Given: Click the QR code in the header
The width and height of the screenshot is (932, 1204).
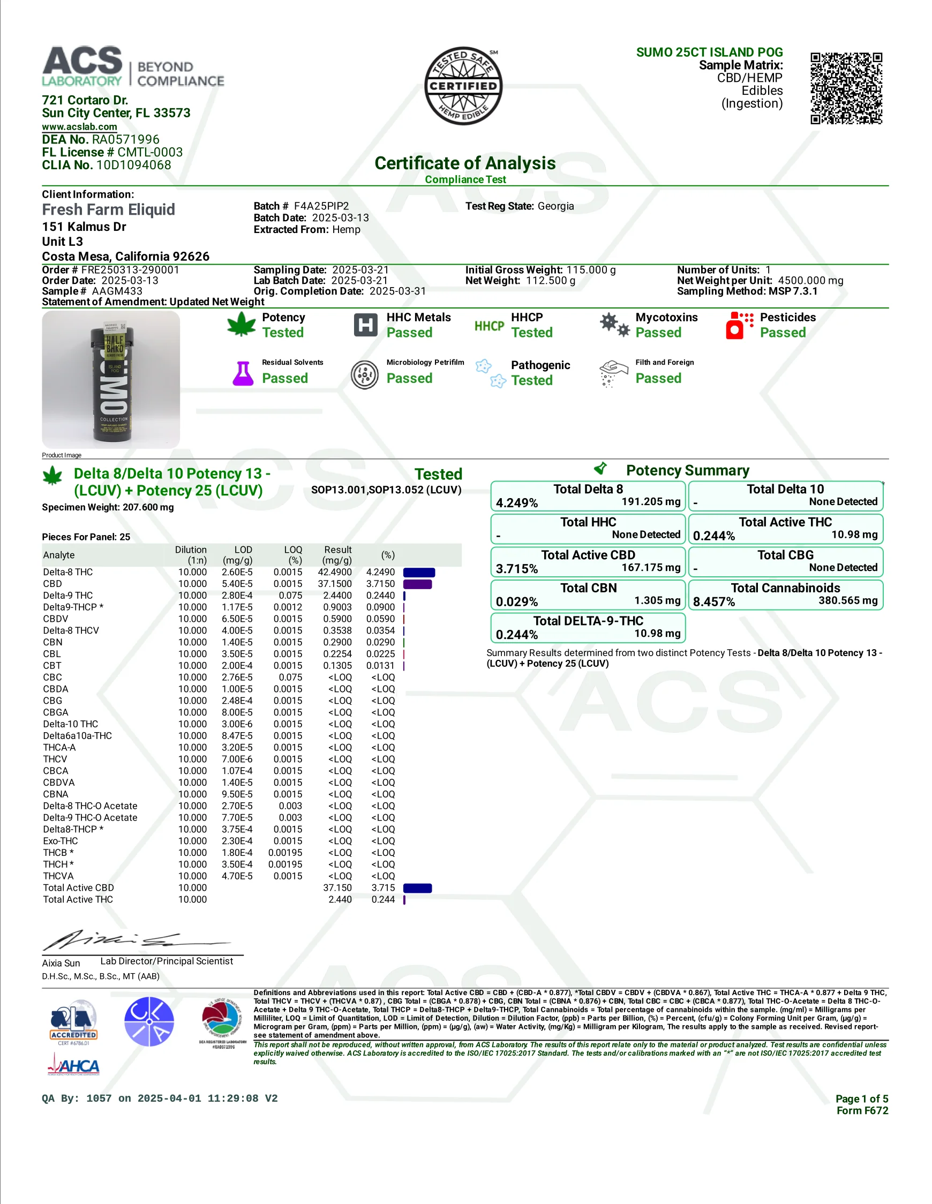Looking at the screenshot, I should click(846, 88).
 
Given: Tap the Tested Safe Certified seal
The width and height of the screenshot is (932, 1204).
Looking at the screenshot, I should click(463, 86).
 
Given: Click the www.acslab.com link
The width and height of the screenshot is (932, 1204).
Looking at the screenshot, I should click(79, 127).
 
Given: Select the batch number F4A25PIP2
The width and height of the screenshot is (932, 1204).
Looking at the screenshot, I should click(321, 206).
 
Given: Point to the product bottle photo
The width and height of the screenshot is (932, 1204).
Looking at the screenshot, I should click(111, 379).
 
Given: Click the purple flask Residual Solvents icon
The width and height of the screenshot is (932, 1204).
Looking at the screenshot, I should click(243, 373).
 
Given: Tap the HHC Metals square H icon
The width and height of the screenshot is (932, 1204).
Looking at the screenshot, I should click(365, 325).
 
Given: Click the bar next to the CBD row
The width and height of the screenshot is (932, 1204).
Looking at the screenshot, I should click(417, 584).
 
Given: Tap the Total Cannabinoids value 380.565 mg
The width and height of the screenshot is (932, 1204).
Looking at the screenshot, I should click(847, 600).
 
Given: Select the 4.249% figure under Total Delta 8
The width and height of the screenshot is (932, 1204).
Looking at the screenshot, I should click(517, 503).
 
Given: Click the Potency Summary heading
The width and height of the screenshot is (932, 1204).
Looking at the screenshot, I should click(687, 470).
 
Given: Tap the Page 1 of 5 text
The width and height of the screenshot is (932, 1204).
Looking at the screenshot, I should click(861, 1098).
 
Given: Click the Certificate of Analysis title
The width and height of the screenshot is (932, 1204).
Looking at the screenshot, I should click(465, 163).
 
